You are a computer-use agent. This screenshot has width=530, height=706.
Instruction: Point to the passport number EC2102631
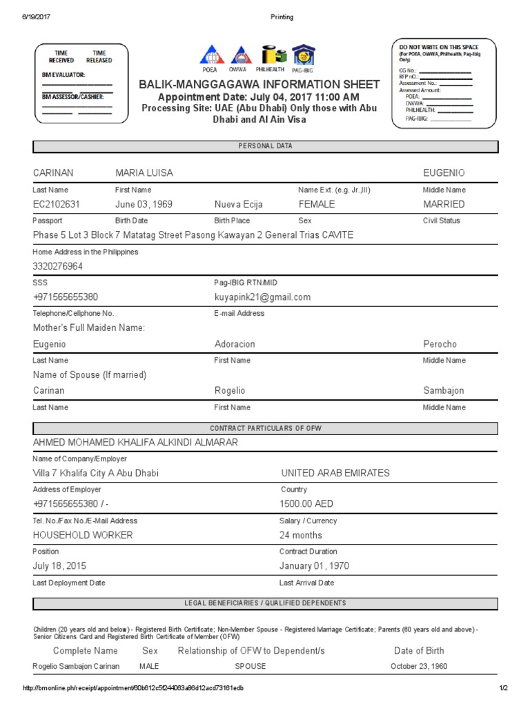tap(57, 204)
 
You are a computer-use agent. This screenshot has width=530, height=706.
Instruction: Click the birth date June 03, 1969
tap(144, 204)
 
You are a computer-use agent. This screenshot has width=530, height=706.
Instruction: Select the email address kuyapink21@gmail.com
tap(262, 297)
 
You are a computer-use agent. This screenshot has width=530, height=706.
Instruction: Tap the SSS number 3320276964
tap(58, 266)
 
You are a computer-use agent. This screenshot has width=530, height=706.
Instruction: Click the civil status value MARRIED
tap(444, 204)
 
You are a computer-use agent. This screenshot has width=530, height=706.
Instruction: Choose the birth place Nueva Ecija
tap(238, 204)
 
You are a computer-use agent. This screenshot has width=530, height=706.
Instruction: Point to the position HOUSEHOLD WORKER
tap(83, 535)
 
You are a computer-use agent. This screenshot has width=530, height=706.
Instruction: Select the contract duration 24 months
tap(301, 535)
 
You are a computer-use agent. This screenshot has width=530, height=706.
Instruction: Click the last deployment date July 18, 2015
tap(59, 566)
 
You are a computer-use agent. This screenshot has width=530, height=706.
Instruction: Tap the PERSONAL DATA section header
tap(265, 146)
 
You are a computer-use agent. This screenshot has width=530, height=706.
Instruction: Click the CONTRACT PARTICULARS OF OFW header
tap(265, 428)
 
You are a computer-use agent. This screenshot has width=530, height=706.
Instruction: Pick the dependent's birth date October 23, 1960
tap(419, 666)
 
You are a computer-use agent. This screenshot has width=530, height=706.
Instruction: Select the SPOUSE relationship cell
tap(250, 666)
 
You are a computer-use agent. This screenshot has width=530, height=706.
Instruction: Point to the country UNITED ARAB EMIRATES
tap(335, 473)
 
